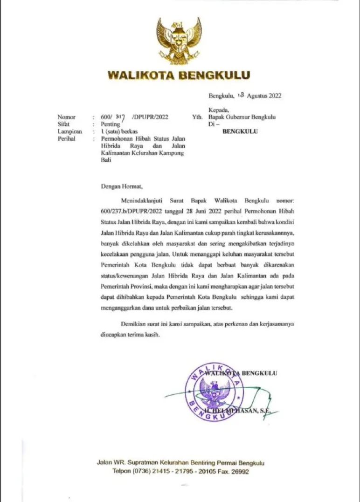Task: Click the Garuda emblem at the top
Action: point(179,41)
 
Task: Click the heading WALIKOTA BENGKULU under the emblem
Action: point(179,75)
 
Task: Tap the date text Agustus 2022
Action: point(264,96)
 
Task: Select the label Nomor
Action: point(66,117)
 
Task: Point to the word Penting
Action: point(110,124)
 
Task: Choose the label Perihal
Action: point(67,138)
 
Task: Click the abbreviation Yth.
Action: point(197,117)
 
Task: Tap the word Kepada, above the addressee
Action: point(219,110)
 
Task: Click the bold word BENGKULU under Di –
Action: point(240,131)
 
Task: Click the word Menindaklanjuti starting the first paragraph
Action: point(138,200)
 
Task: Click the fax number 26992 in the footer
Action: point(240,472)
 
